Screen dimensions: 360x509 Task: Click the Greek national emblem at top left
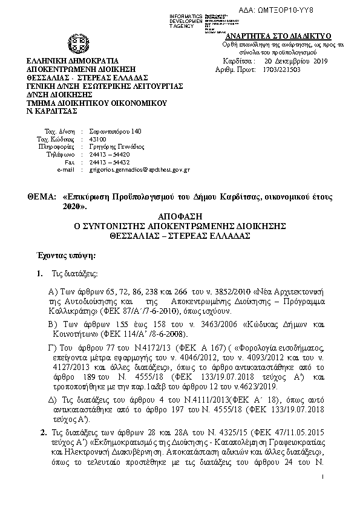(79, 44)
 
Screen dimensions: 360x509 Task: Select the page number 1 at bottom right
(324, 478)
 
